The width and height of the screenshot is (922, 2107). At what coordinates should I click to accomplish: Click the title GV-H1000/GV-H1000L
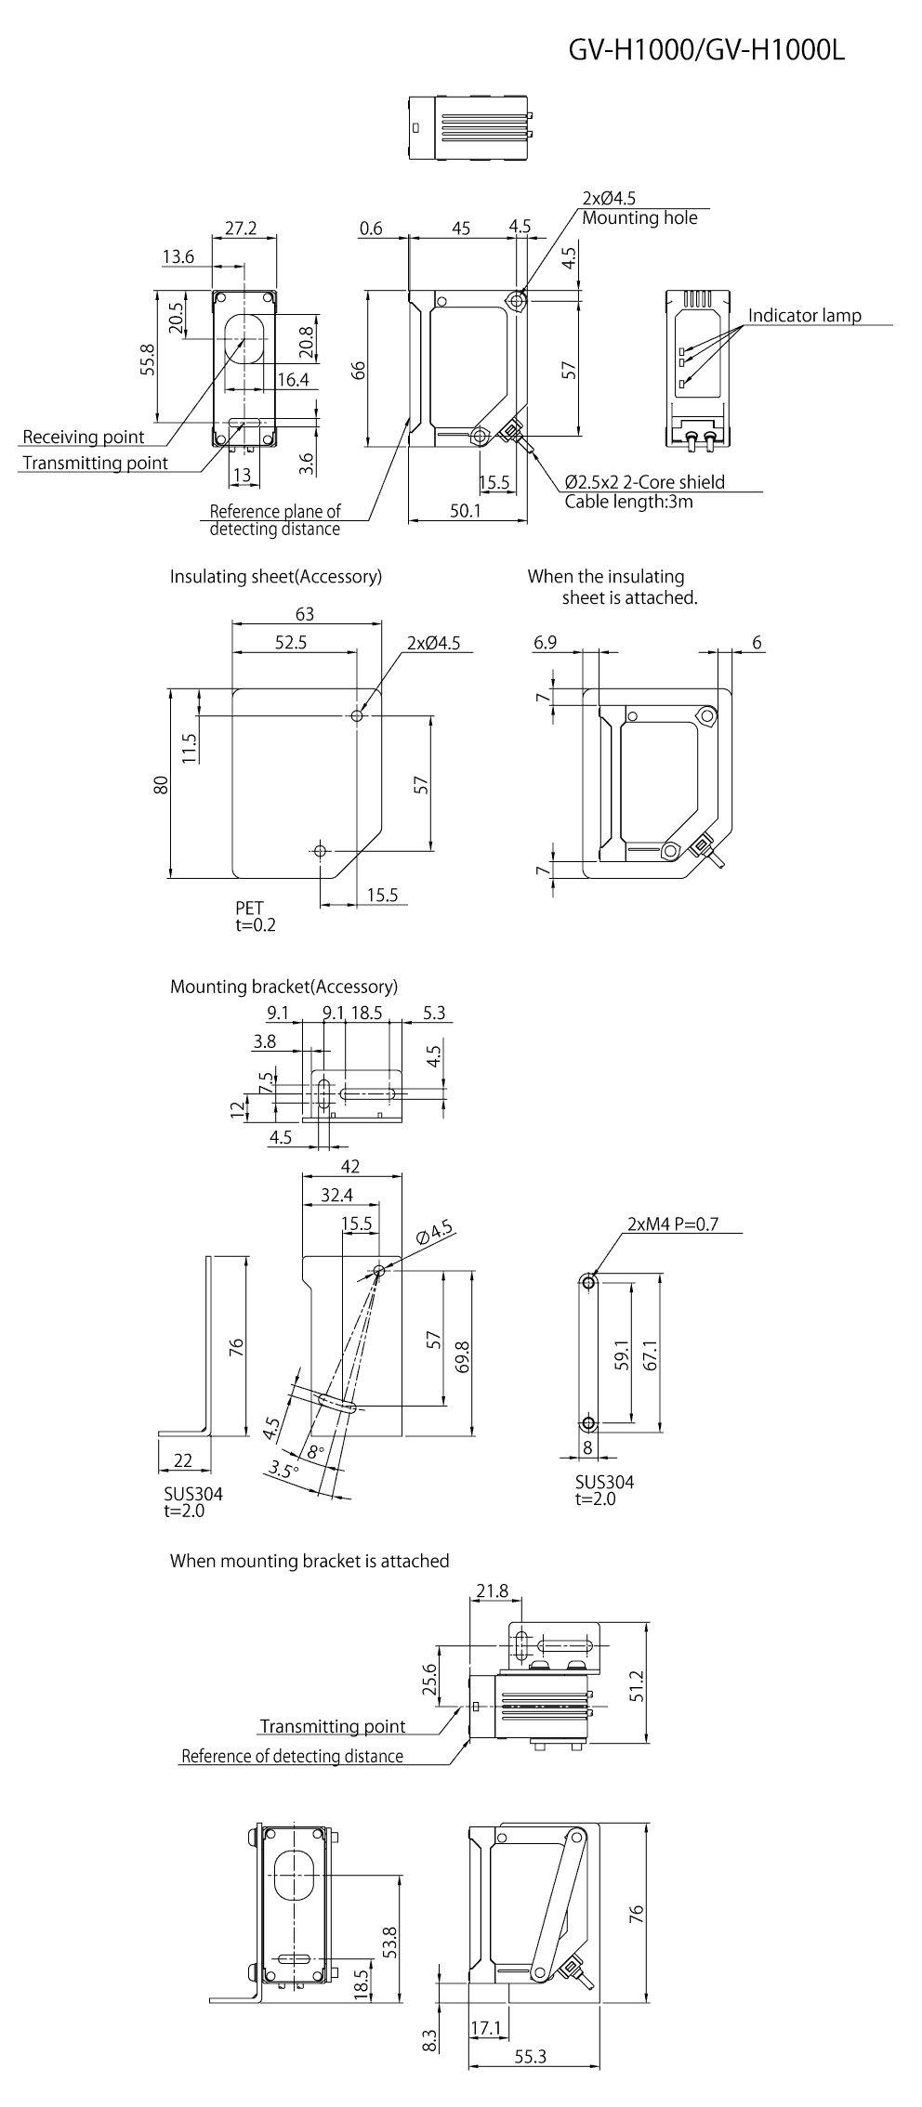[x=706, y=52]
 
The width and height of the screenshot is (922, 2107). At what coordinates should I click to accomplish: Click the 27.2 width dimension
[x=242, y=227]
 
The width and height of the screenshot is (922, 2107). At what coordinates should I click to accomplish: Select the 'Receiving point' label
[x=84, y=437]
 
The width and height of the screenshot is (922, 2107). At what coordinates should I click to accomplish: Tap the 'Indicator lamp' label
[x=804, y=315]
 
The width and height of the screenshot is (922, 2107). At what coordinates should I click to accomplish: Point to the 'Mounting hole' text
[x=639, y=218]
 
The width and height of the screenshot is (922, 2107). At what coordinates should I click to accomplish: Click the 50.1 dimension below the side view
[x=465, y=510]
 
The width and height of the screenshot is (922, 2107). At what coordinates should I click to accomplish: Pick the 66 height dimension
[x=359, y=370]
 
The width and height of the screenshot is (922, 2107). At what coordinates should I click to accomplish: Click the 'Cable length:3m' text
[x=628, y=502]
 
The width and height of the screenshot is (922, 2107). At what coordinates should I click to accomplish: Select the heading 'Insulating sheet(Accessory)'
[x=275, y=576]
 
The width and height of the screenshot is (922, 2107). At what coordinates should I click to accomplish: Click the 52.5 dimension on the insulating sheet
[x=291, y=642]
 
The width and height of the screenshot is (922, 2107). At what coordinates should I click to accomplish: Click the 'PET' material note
[x=249, y=908]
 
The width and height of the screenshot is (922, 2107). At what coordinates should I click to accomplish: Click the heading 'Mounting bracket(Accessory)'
[x=283, y=986]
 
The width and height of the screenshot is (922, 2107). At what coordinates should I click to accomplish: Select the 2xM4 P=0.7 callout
[x=673, y=1224]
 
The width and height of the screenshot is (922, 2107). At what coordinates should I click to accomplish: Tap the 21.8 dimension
[x=492, y=1590]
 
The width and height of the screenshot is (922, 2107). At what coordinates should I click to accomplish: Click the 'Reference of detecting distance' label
[x=292, y=1756]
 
